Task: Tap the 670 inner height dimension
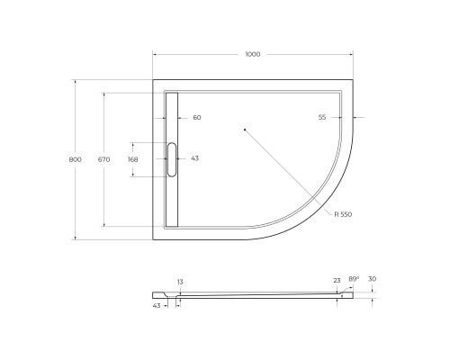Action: click(103, 159)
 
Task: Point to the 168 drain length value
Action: click(133, 159)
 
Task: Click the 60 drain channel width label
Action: click(197, 118)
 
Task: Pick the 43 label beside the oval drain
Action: click(195, 158)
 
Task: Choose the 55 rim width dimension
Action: click(321, 118)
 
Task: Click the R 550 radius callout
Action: click(343, 214)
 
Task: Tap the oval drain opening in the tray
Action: click(173, 159)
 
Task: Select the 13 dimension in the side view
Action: click(180, 283)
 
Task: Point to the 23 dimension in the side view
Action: click(337, 280)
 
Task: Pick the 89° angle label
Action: click(354, 280)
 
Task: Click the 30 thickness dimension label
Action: click(373, 280)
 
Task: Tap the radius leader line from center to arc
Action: click(288, 171)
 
